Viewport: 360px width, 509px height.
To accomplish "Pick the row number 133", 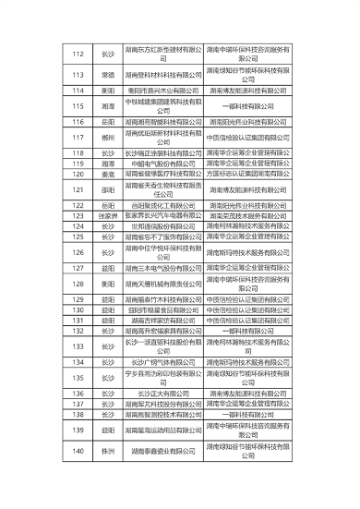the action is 78,345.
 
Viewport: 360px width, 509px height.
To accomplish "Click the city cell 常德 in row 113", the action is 108,74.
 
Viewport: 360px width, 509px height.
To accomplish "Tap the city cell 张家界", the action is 108,216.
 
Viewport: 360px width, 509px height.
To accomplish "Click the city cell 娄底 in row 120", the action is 108,173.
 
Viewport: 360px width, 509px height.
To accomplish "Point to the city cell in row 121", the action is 108,189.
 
